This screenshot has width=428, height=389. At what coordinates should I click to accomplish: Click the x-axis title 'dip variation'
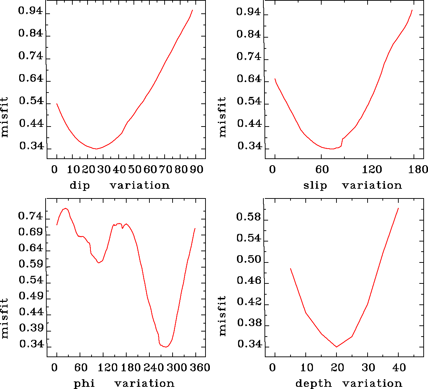(119, 185)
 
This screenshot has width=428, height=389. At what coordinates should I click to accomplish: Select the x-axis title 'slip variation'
(352, 185)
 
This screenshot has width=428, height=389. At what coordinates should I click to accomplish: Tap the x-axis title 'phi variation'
(124, 383)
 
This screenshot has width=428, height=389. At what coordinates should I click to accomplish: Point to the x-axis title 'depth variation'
(349, 383)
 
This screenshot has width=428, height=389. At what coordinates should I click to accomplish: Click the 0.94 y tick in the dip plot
(30, 12)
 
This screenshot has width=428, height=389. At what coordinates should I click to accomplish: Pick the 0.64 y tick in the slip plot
(249, 79)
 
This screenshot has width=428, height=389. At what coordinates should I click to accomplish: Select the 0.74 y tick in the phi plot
(30, 217)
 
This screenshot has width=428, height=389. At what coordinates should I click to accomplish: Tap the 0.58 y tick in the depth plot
(249, 217)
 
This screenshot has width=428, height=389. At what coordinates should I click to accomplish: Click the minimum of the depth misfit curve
(337, 347)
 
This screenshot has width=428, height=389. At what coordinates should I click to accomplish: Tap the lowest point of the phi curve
(166, 347)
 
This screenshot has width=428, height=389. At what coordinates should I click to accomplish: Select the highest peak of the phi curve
(65, 208)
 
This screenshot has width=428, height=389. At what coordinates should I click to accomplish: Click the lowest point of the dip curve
(96, 149)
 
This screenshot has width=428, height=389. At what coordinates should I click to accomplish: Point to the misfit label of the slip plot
(223, 117)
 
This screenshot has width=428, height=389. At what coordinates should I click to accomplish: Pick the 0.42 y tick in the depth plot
(249, 302)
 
